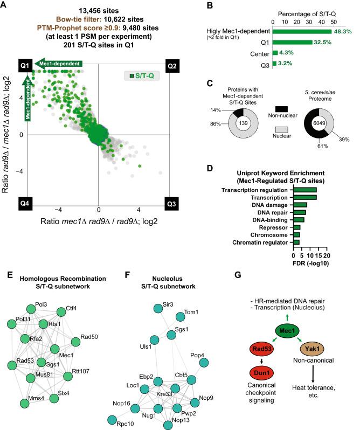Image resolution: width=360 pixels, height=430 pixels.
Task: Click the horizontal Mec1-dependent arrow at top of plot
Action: pos(59,64)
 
